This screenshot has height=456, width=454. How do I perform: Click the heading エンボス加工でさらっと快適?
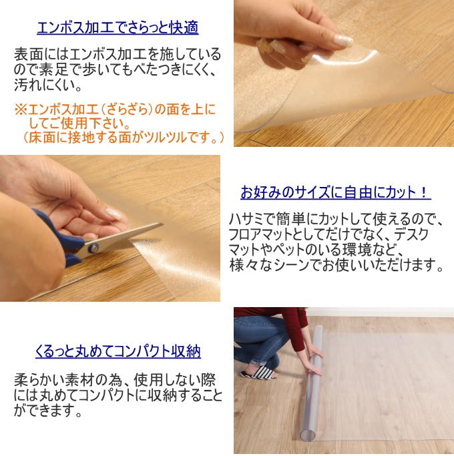(x=118, y=28)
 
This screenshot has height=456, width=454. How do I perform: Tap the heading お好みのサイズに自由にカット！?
(x=336, y=192)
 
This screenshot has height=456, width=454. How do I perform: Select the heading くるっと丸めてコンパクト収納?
(x=118, y=351)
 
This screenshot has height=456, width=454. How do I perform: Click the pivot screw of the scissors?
(x=93, y=248)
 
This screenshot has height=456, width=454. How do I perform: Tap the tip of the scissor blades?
(x=162, y=224)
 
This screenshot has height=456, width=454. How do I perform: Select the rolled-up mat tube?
(x=311, y=381)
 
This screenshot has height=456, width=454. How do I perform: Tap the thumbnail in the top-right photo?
(x=343, y=40)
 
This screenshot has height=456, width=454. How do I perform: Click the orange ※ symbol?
(x=21, y=109)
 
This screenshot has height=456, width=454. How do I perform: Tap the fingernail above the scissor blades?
(x=114, y=214)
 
